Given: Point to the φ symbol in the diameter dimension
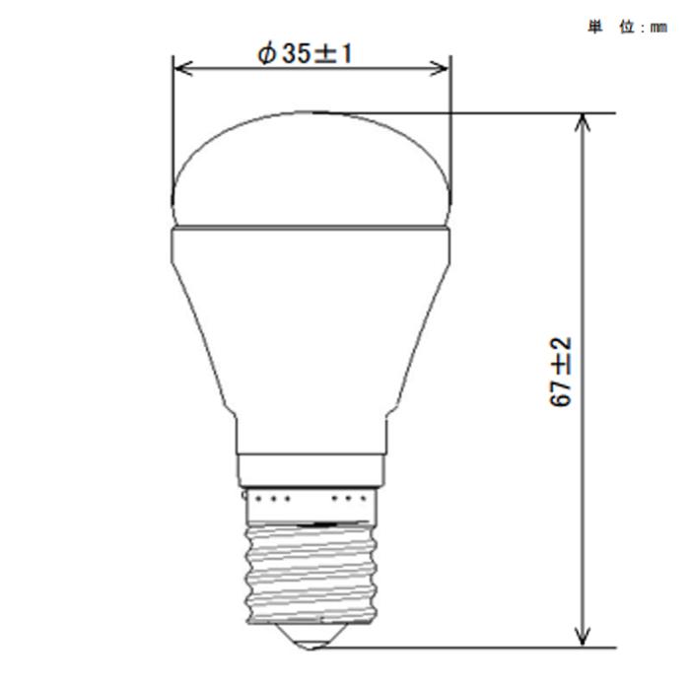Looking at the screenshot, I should point(266,55).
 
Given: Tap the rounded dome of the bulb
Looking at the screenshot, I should point(311,168).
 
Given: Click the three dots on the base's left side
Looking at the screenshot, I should point(273,500).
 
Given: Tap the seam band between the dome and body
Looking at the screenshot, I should point(311,228).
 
